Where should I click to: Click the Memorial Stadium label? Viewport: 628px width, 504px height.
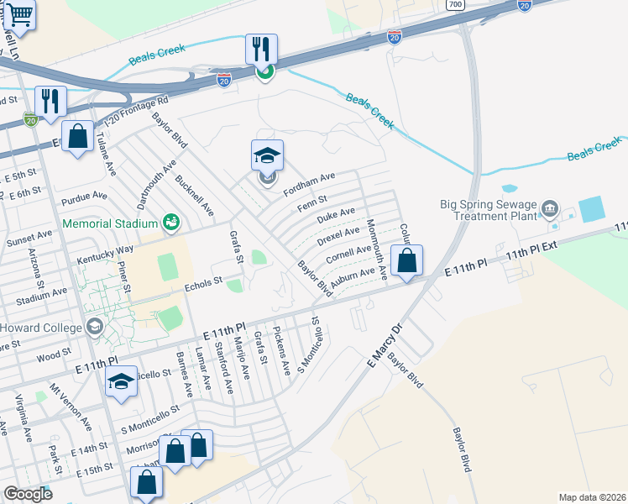tap(110, 224)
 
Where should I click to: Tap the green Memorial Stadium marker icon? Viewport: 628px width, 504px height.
tap(172, 223)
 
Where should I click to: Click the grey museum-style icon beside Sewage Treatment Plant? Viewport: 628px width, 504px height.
tap(550, 207)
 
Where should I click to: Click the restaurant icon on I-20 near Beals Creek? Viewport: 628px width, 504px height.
tap(262, 50)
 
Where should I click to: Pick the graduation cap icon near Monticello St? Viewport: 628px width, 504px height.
tap(122, 382)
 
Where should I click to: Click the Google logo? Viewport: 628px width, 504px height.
tap(28, 494)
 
